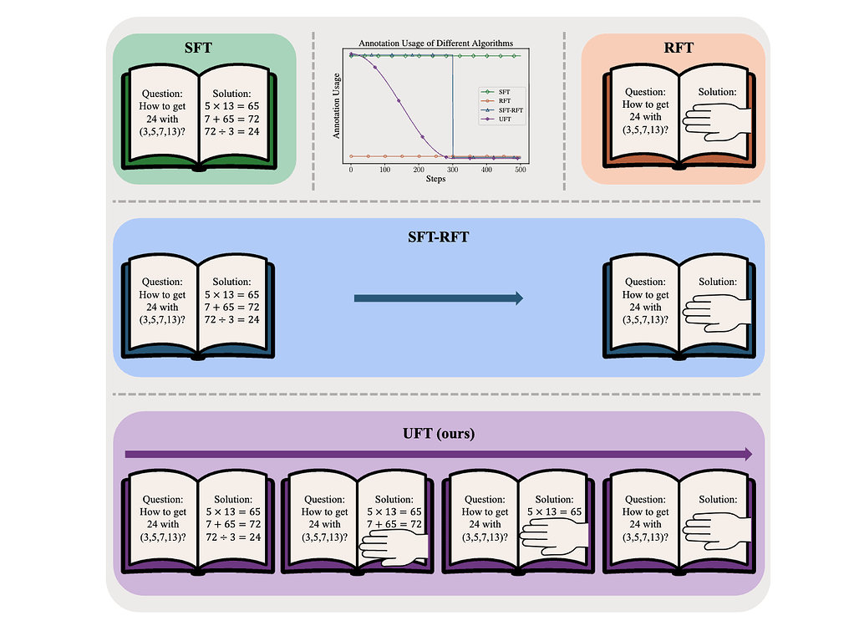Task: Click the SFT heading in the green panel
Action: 198,48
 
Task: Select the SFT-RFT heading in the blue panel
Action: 438,236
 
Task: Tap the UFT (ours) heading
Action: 438,435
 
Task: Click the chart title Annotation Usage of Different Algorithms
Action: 436,42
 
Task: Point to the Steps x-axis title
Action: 435,179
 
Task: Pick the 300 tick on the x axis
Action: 453,170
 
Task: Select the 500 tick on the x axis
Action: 521,170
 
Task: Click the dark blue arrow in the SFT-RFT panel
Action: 438,298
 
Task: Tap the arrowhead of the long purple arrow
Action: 745,454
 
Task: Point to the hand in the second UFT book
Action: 393,548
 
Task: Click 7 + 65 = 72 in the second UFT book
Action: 394,525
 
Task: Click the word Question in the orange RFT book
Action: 645,93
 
